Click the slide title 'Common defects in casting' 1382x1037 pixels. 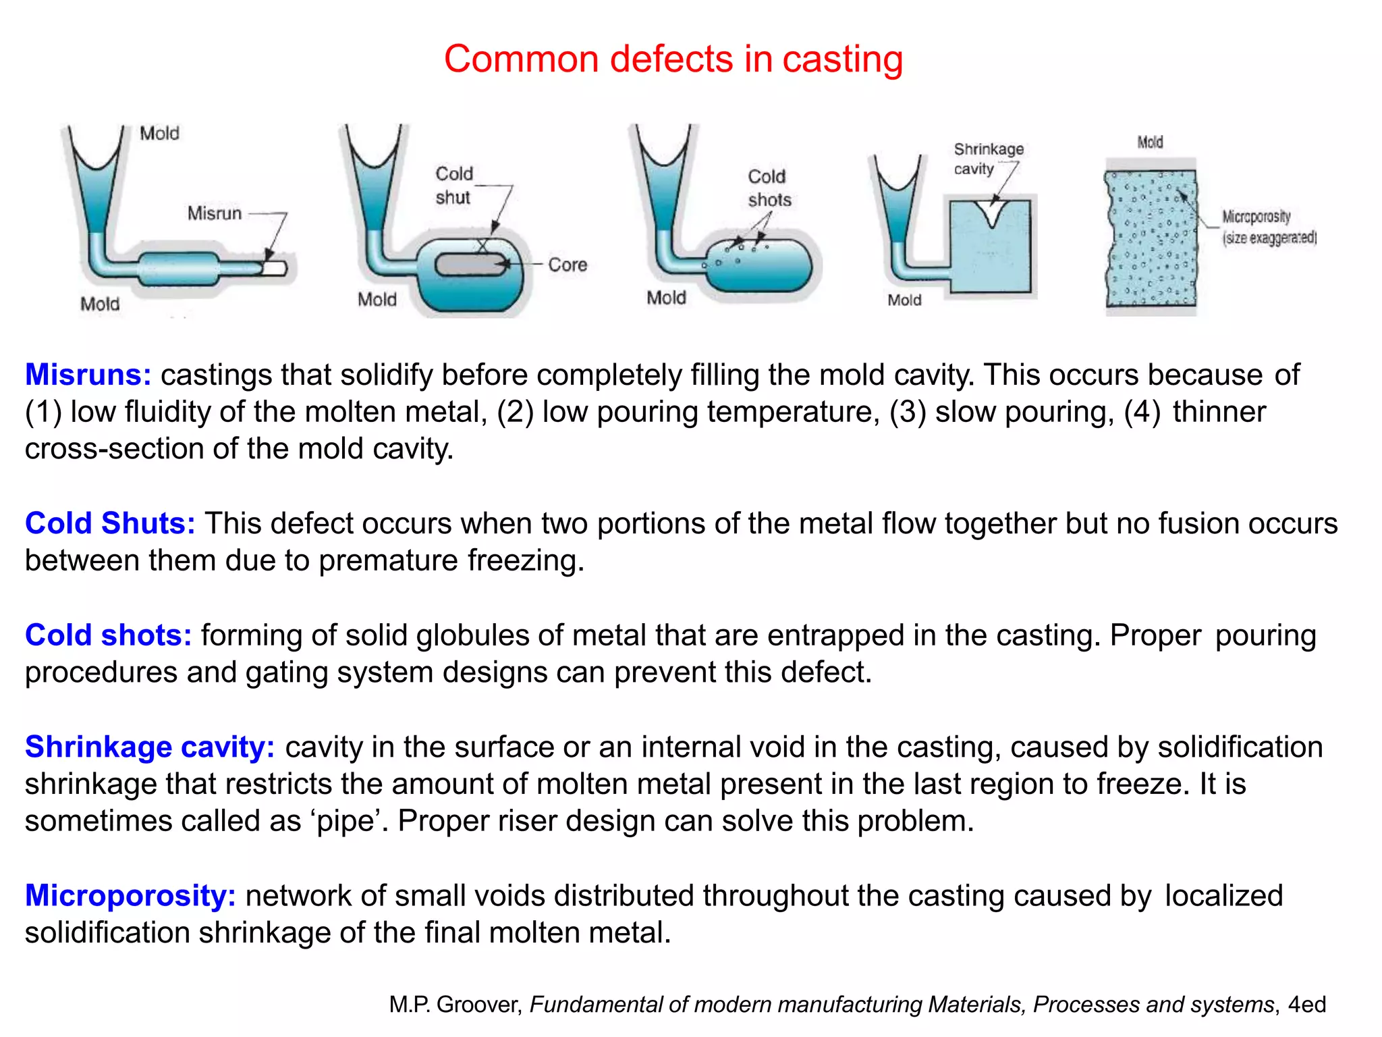(x=673, y=59)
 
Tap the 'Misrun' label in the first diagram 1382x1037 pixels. (x=215, y=213)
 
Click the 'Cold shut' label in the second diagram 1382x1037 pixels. (x=453, y=186)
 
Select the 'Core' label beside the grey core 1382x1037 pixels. (x=567, y=265)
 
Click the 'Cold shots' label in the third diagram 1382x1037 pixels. (x=769, y=188)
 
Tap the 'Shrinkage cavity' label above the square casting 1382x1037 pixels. (x=988, y=159)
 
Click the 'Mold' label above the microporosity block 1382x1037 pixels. (x=1150, y=142)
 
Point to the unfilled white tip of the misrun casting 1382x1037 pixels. (x=276, y=268)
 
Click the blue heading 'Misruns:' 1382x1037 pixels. (x=88, y=375)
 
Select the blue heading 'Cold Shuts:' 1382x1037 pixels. (x=110, y=523)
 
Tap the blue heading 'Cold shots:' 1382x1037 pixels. (x=108, y=635)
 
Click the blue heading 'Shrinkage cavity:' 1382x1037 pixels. (x=150, y=747)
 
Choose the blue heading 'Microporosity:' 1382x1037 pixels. (x=130, y=895)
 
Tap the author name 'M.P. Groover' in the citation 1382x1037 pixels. (x=455, y=1005)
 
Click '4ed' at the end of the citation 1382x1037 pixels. (x=1306, y=1005)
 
